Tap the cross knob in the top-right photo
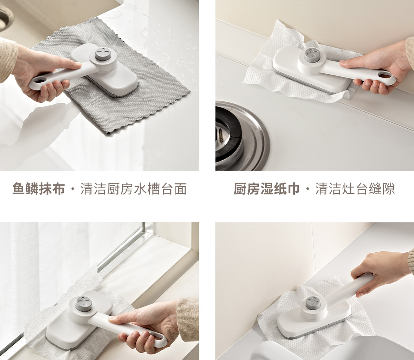(312, 55)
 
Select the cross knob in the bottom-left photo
(83, 302)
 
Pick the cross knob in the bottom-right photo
(313, 303)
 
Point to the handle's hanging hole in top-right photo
(386, 76)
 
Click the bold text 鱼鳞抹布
(39, 189)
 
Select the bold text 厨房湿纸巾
(267, 189)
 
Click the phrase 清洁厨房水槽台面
(133, 189)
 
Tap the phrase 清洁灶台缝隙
(355, 189)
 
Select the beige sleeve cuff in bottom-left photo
(188, 319)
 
